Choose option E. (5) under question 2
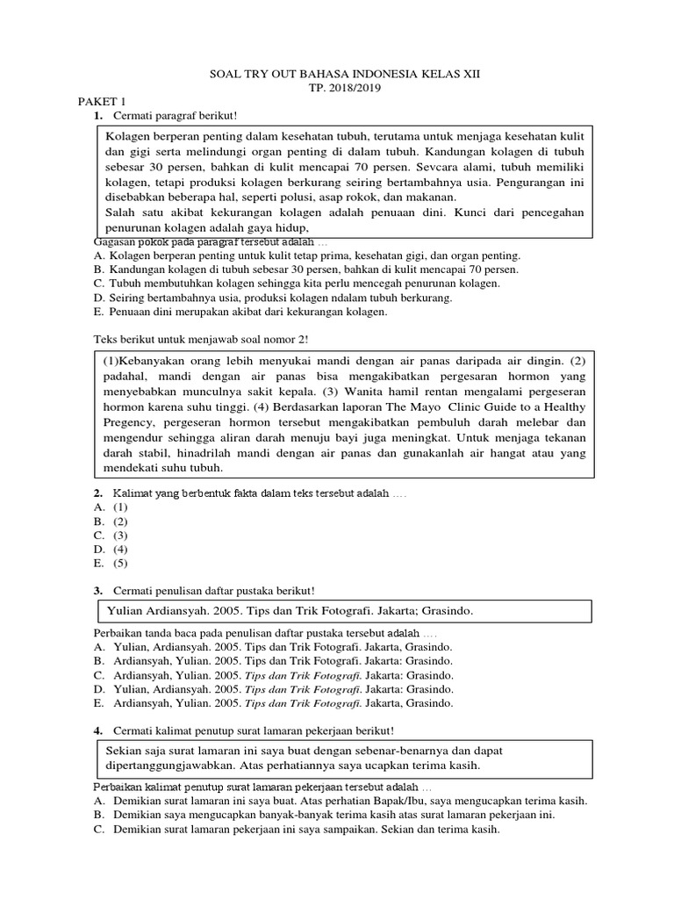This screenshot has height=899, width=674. pos(111,563)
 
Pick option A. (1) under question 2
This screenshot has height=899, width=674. pos(111,507)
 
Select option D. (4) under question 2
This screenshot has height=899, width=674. pos(111,549)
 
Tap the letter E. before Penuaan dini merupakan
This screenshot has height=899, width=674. pos(98,312)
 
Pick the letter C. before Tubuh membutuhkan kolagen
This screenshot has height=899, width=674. pos(98,284)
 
